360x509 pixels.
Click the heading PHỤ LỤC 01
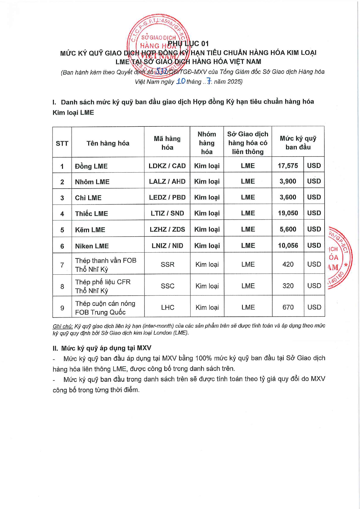click(188, 44)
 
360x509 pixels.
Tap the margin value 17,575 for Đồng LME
click(288, 166)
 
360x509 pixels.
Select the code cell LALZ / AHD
click(167, 181)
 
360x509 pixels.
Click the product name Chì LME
click(88, 198)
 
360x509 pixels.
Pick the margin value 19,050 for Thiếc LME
click(288, 213)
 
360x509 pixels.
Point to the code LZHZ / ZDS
click(167, 229)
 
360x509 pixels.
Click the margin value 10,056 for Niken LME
click(288, 246)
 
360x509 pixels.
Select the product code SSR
click(167, 265)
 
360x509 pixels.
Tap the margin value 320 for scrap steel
click(288, 286)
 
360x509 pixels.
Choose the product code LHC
click(167, 307)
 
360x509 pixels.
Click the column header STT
click(62, 143)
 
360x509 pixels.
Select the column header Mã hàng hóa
click(167, 143)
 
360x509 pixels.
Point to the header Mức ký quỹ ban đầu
click(298, 143)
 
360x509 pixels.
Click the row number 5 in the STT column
click(62, 230)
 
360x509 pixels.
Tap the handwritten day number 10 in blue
click(181, 81)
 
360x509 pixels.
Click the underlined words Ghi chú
click(63, 326)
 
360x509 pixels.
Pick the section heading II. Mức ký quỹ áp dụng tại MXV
click(102, 348)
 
